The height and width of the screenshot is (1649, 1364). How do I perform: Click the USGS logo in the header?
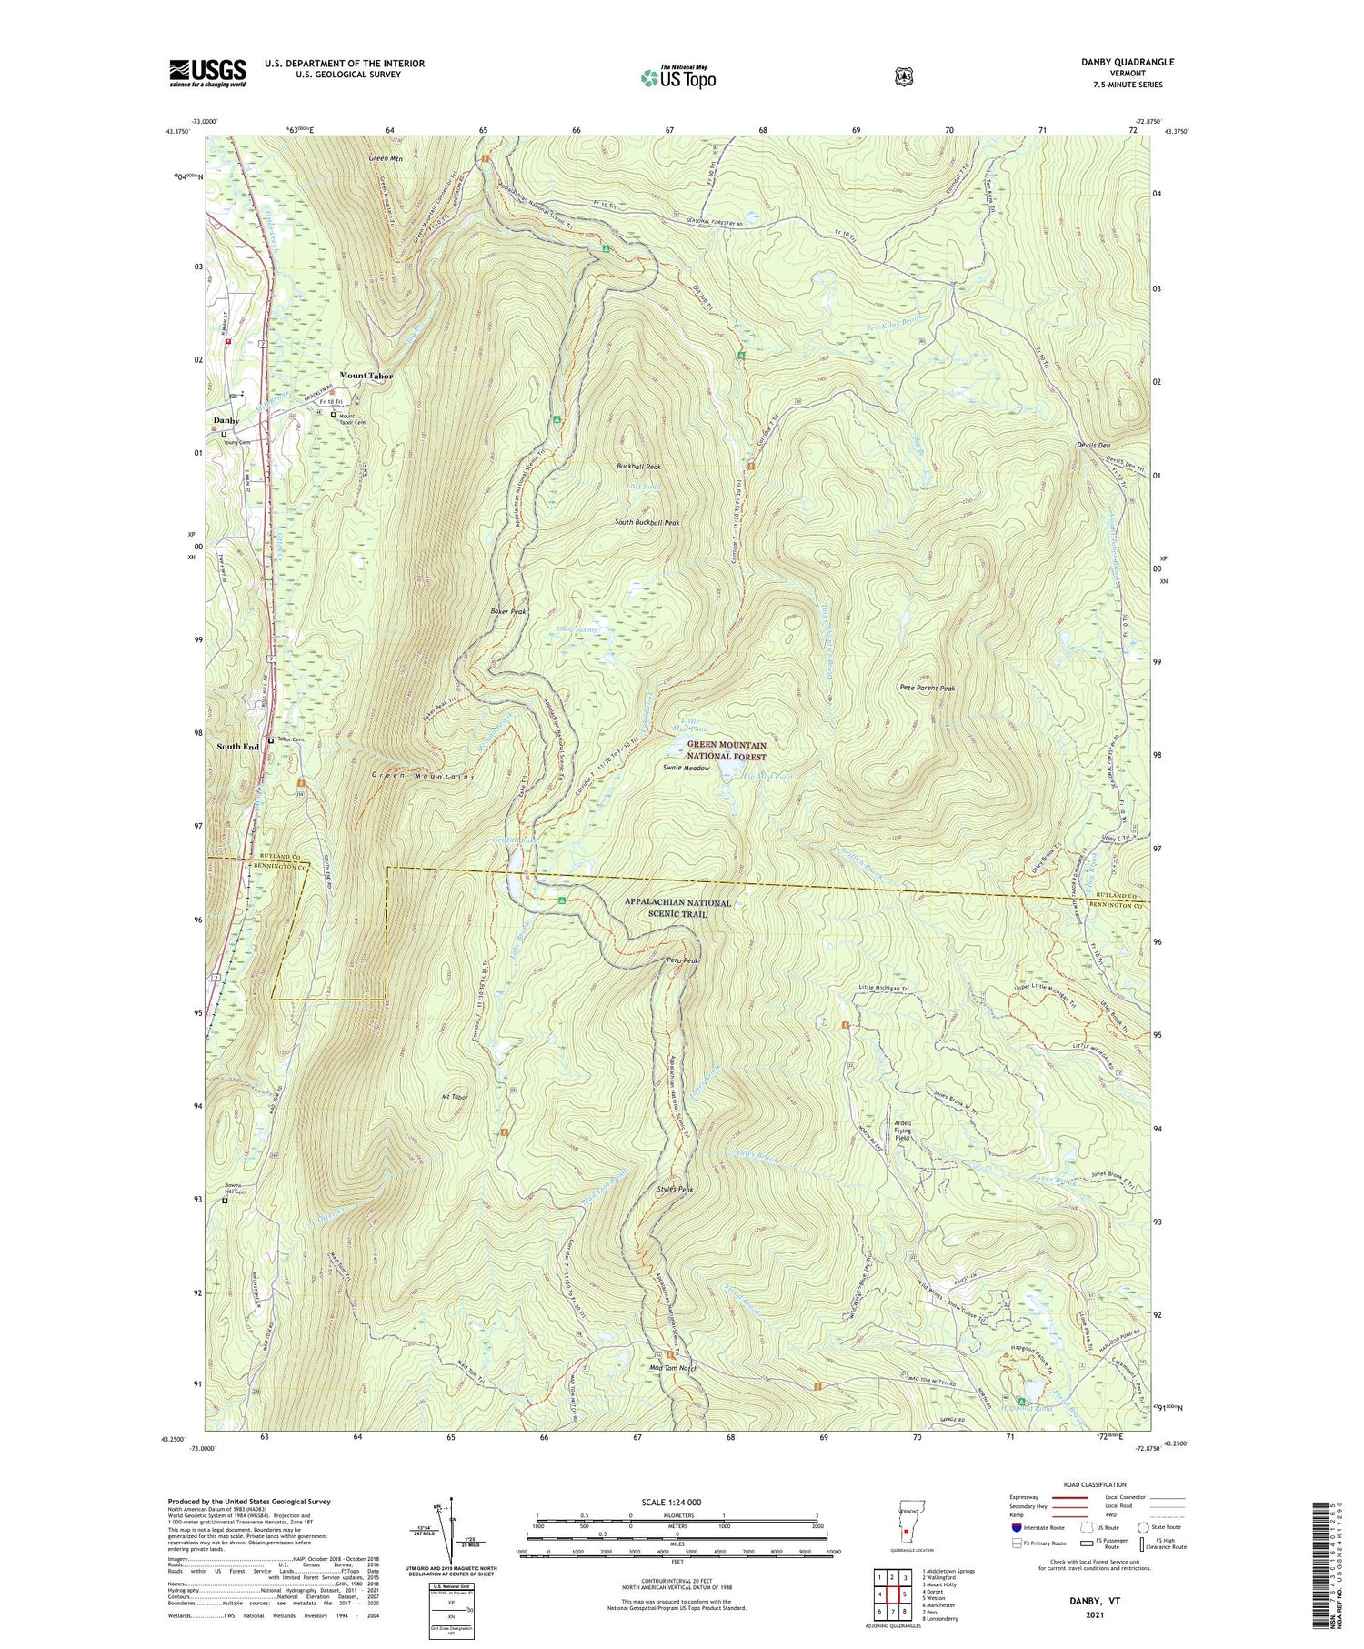(x=207, y=73)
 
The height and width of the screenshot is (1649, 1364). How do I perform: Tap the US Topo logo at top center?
(x=677, y=78)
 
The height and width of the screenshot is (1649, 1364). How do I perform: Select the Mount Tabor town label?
(x=366, y=376)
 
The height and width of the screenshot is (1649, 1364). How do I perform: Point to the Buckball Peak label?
(x=638, y=467)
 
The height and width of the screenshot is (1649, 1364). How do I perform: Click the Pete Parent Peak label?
(x=927, y=689)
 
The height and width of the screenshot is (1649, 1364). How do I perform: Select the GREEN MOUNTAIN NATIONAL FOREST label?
(x=727, y=750)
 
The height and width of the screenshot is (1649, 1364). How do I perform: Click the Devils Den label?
(x=1091, y=446)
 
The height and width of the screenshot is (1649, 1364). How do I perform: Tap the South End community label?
(x=237, y=747)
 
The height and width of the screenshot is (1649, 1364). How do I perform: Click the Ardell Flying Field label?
(x=902, y=1130)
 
